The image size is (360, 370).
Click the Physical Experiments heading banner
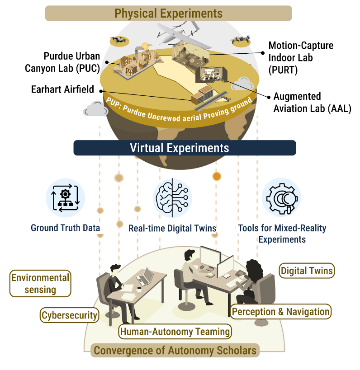tap(168, 13)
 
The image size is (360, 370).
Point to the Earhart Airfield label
tap(63, 89)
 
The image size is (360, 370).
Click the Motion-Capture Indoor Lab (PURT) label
tap(301, 58)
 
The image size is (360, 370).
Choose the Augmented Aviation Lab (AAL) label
tap(311, 103)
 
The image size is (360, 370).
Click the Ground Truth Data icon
tap(66, 198)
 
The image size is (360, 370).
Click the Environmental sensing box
tap(40, 284)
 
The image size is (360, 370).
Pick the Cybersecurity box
tap(70, 315)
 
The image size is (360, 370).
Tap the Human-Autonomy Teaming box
tap(175, 332)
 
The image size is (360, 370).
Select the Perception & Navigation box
tap(281, 311)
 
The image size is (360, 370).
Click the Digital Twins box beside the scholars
tap(307, 271)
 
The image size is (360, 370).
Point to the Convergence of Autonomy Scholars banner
tap(175, 350)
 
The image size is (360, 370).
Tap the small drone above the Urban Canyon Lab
tap(119, 41)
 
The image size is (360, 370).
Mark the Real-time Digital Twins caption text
tap(172, 228)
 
